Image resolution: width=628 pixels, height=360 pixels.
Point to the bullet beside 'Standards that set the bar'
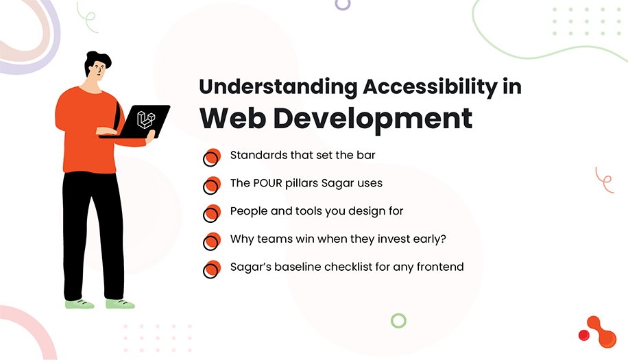click(x=212, y=157)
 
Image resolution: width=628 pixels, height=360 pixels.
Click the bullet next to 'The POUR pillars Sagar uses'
click(x=212, y=185)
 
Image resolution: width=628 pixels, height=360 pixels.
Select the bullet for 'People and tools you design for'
click(x=212, y=213)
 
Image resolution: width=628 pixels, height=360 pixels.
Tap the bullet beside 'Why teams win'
click(x=212, y=241)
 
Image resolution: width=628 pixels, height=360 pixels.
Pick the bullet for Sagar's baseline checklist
click(x=212, y=269)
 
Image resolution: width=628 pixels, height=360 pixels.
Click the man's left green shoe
click(x=79, y=303)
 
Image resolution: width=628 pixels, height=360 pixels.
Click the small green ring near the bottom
click(x=398, y=320)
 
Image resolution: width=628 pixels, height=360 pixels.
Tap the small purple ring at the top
click(x=342, y=3)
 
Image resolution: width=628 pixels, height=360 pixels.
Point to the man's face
click(x=98, y=71)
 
